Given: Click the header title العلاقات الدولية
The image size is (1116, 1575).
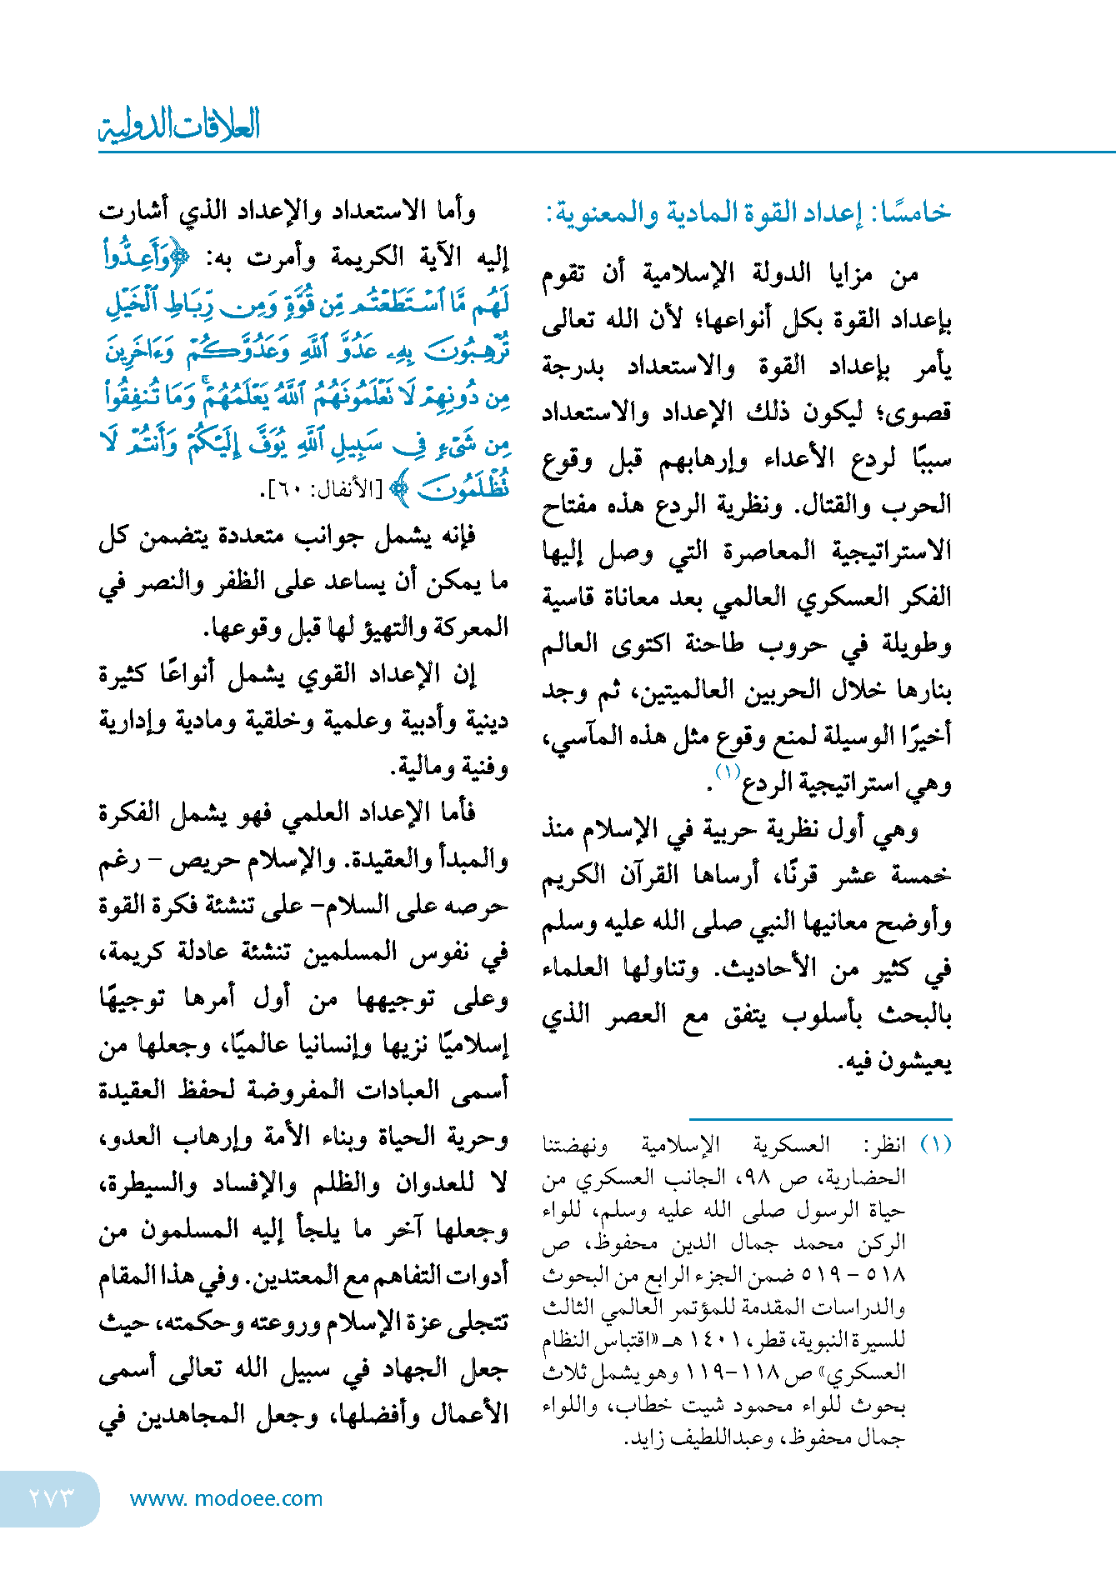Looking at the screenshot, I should tap(179, 125).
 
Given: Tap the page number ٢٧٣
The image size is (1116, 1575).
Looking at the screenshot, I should tap(52, 1497).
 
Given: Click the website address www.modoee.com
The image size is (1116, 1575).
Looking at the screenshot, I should tap(226, 1498).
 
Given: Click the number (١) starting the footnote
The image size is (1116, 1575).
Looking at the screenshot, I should tap(935, 1143).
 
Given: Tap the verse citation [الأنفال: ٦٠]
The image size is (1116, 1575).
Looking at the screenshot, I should tap(321, 490).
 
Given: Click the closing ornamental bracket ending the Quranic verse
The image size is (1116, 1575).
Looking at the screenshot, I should tap(401, 490).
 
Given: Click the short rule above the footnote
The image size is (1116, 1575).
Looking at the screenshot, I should tap(820, 1119).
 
